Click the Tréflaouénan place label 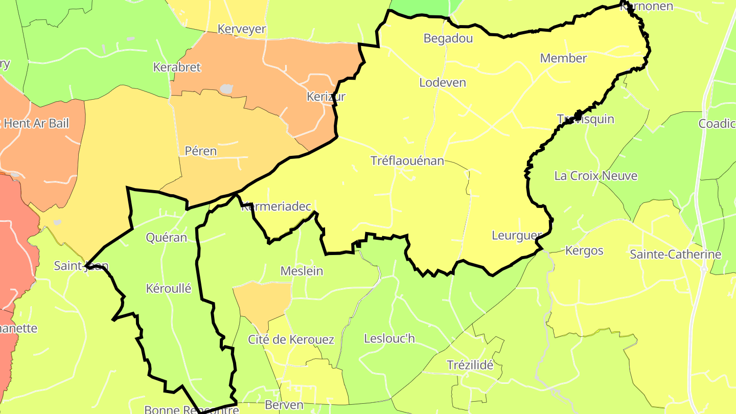[x=407, y=161]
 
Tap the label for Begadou [x=448, y=38]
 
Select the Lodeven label [x=443, y=82]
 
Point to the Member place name [x=563, y=58]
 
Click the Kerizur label [x=326, y=96]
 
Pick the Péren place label [x=201, y=151]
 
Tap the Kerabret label [x=177, y=67]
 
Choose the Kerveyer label [x=242, y=29]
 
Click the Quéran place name [x=166, y=237]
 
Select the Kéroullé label [x=168, y=288]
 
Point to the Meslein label [x=302, y=271]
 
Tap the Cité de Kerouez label [x=291, y=339]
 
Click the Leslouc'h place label [x=389, y=338]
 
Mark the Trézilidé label [x=470, y=365]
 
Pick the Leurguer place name [x=516, y=236]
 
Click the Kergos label [x=584, y=251]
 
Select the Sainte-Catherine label [x=675, y=254]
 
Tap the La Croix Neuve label [x=595, y=176]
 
